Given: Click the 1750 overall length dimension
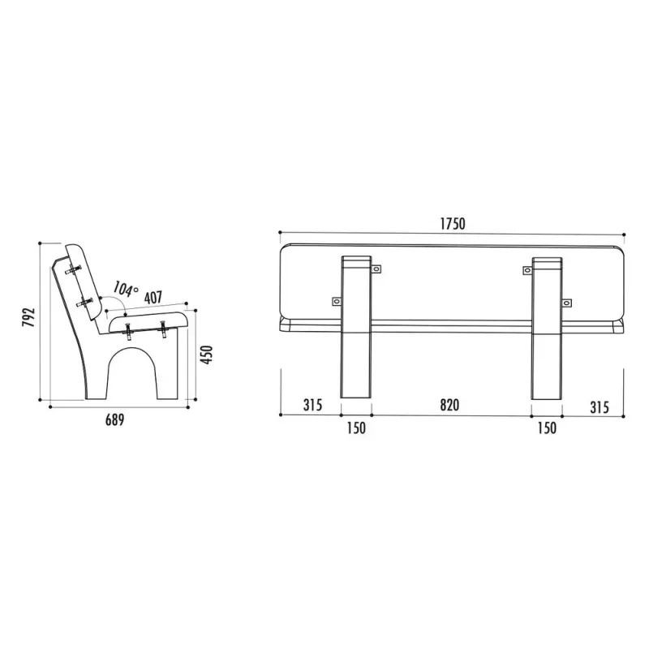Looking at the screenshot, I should (x=453, y=224).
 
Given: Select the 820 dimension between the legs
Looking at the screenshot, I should (x=449, y=405).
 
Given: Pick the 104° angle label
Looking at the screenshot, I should (x=125, y=288).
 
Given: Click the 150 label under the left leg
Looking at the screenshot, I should (x=355, y=428).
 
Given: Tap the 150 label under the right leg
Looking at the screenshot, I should (x=547, y=428).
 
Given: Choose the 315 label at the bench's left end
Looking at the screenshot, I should (x=313, y=405).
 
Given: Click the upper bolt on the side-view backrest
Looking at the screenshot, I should (x=78, y=270).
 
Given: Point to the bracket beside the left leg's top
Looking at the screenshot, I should (x=376, y=267).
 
